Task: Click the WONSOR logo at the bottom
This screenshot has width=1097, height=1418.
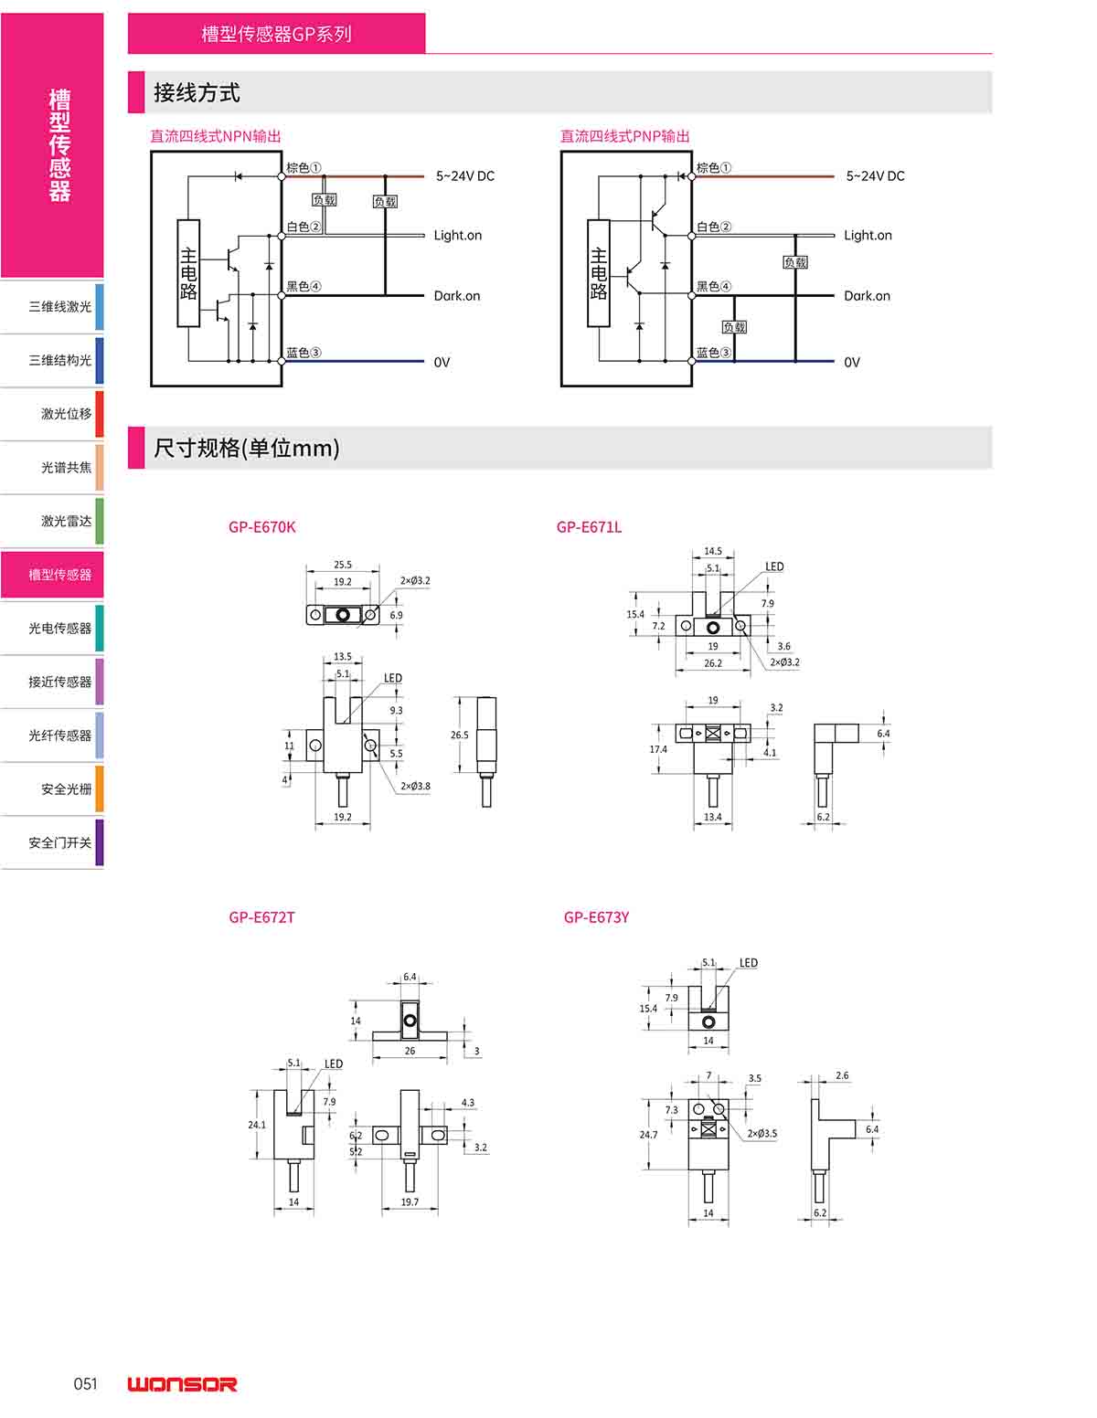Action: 182,1384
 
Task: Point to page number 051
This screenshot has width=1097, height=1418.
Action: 85,1383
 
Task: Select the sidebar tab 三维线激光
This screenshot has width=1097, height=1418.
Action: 60,307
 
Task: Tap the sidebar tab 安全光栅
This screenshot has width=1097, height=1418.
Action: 66,788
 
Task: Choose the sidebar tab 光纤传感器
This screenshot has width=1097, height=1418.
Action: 60,735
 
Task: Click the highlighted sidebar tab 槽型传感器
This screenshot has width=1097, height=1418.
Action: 60,575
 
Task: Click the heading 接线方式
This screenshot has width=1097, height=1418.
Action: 197,92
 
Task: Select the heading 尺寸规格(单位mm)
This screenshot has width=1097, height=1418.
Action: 247,448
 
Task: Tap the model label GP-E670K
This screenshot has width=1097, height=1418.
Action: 262,527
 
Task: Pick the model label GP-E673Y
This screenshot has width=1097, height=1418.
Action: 596,917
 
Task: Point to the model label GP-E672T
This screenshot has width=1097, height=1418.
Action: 262,917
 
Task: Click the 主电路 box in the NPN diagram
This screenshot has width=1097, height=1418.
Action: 188,273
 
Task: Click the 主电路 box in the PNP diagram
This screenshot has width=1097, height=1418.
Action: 599,273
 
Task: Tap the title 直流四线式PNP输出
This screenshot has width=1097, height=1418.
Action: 625,136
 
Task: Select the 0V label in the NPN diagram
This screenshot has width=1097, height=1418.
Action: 442,362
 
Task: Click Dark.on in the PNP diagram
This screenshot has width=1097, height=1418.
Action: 867,296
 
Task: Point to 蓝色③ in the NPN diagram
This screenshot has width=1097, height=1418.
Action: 304,353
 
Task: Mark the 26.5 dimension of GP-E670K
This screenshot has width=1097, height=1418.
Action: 459,735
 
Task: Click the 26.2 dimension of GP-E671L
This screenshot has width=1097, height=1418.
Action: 713,663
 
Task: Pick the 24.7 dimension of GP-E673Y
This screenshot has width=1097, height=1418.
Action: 648,1135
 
